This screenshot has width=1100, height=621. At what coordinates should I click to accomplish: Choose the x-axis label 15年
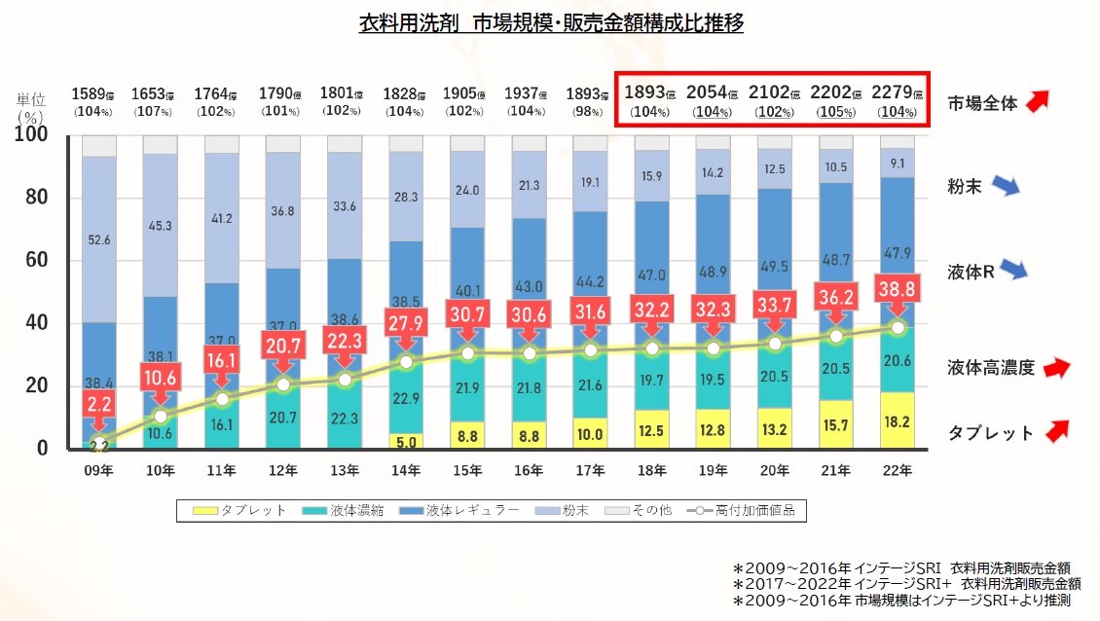click(467, 471)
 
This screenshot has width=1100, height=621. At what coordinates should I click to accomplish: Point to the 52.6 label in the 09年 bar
click(99, 240)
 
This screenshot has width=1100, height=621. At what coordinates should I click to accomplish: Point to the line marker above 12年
click(283, 384)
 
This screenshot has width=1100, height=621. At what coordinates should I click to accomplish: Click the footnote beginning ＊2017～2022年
click(906, 584)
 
